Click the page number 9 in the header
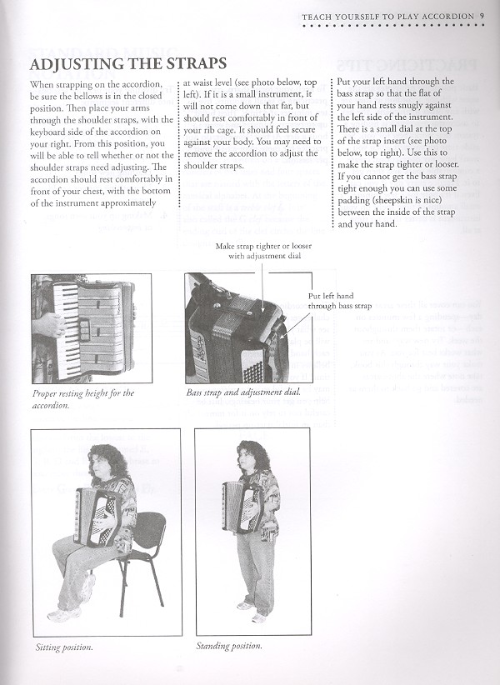coord(482,14)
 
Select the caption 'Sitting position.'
coord(64,647)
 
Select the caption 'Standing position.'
coord(229,646)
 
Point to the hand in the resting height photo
coord(49,323)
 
